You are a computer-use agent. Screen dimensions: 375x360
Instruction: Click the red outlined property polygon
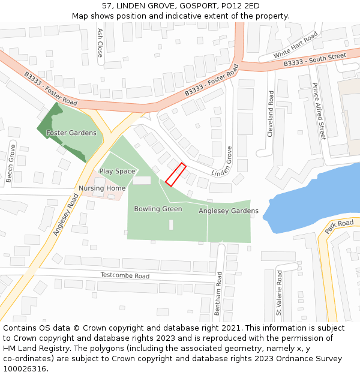(x=175, y=175)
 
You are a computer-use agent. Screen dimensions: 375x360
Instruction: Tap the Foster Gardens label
(x=71, y=133)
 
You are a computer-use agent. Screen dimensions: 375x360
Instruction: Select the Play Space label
(x=117, y=171)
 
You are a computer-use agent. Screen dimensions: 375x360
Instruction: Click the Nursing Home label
(x=102, y=188)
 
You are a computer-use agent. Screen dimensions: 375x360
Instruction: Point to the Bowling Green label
(x=158, y=209)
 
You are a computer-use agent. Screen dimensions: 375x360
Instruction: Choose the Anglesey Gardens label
(x=229, y=211)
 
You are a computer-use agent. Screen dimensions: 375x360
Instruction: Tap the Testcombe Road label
(x=125, y=275)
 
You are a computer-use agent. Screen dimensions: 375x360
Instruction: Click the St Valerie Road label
(x=279, y=292)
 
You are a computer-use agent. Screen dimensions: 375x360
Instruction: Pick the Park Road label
(x=339, y=227)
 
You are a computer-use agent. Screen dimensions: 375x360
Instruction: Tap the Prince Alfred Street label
(x=317, y=112)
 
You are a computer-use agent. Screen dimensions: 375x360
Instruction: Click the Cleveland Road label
(x=271, y=114)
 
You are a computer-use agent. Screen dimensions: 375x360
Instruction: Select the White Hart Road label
(x=295, y=46)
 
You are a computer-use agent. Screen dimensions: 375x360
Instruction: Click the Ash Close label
(x=100, y=43)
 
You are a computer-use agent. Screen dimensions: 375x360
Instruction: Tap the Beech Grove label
(x=10, y=163)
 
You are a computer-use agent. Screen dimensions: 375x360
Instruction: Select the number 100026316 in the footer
(x=24, y=368)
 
